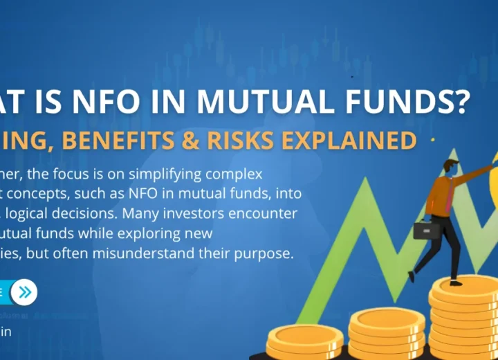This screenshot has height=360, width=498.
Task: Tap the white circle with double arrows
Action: (25, 292)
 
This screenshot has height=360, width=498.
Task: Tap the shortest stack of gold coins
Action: (305, 341)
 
